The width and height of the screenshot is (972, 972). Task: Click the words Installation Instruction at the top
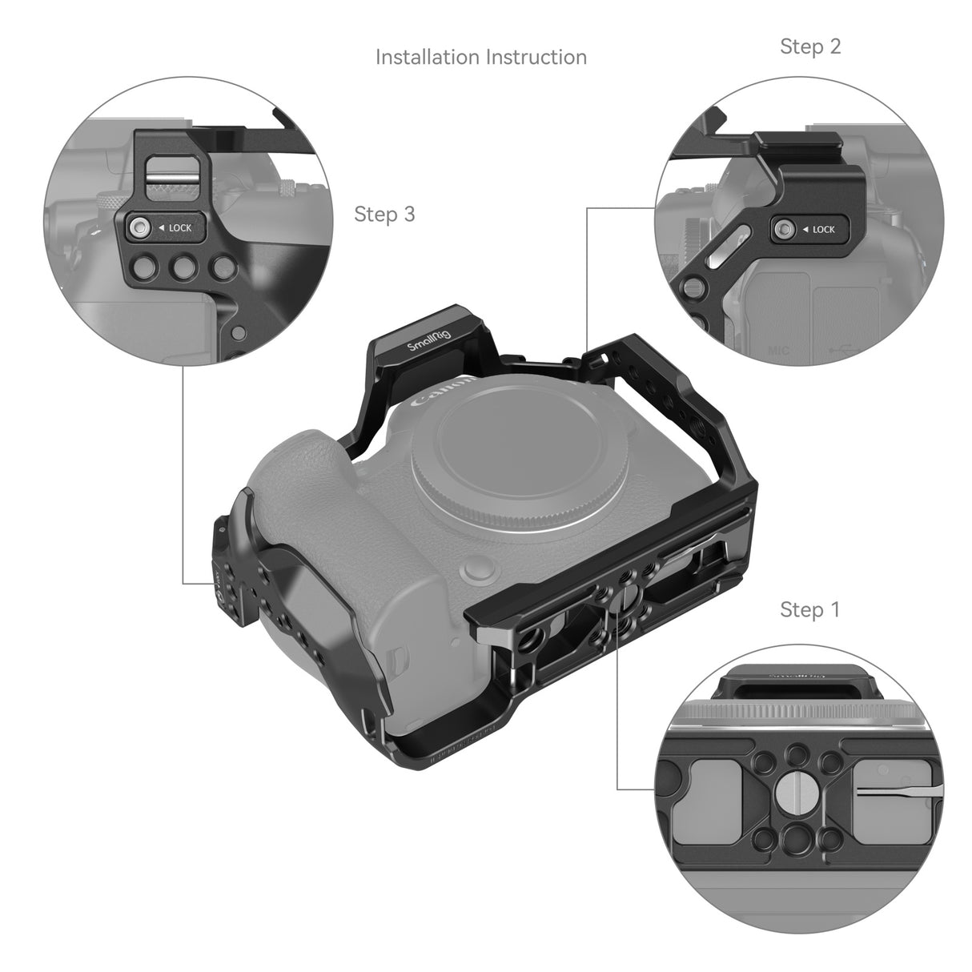(x=480, y=57)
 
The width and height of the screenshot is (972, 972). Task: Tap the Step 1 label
(x=810, y=609)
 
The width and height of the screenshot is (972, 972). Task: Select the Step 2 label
(x=810, y=46)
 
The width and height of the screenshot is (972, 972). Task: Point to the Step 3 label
(x=384, y=214)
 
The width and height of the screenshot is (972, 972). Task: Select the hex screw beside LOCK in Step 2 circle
(x=784, y=230)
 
